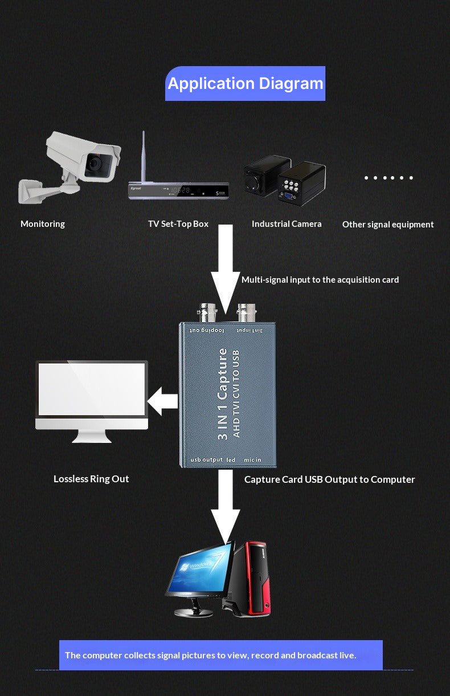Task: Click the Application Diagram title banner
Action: pos(245,84)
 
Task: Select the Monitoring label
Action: pos(43,224)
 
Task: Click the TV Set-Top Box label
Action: pos(178,224)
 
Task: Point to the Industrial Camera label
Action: pos(287,224)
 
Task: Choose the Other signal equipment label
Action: pos(387,225)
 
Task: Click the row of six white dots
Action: pos(388,178)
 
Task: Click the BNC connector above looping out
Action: pos(203,313)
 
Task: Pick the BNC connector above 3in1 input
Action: pos(248,312)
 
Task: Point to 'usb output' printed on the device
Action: pos(206,460)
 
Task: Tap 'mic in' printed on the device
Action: pos(252,460)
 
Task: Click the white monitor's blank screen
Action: pos(92,389)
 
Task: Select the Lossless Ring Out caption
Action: pos(91,479)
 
